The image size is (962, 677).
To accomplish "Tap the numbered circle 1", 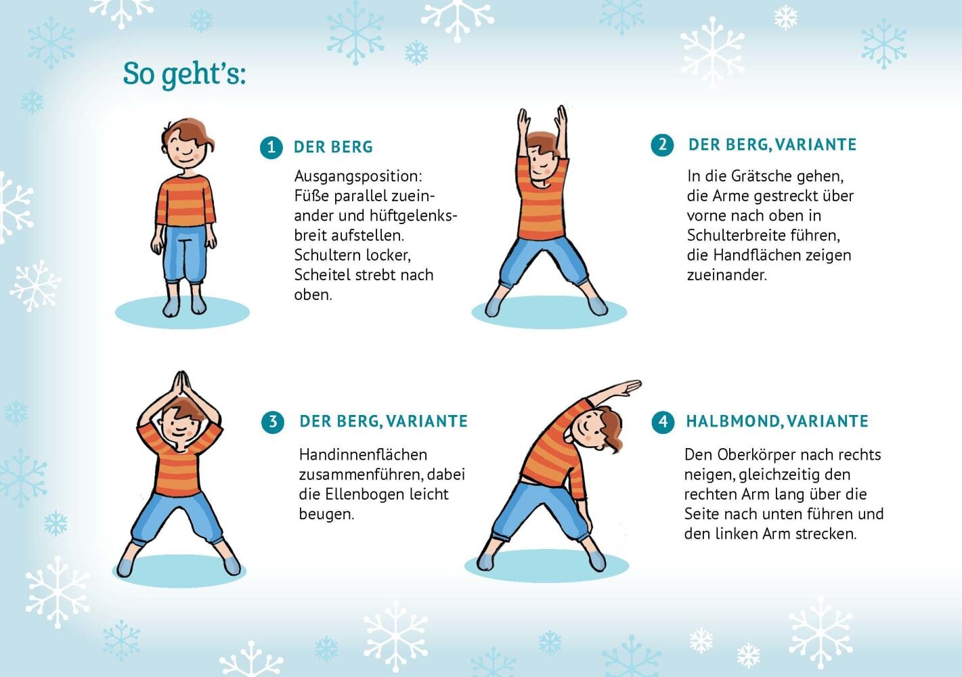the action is pos(271,148).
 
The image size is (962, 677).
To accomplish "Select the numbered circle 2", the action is pos(662,145).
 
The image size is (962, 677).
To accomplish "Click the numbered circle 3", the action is pos(273,422).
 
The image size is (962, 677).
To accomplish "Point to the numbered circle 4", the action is pos(663,422).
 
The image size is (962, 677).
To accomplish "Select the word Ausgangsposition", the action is pos(358,177).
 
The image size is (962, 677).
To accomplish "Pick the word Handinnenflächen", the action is pos(363,454).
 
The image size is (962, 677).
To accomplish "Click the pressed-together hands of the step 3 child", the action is pos(181,385).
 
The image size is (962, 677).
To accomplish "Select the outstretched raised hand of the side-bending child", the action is pos(628,387).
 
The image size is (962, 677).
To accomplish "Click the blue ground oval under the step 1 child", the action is pos(183,312).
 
